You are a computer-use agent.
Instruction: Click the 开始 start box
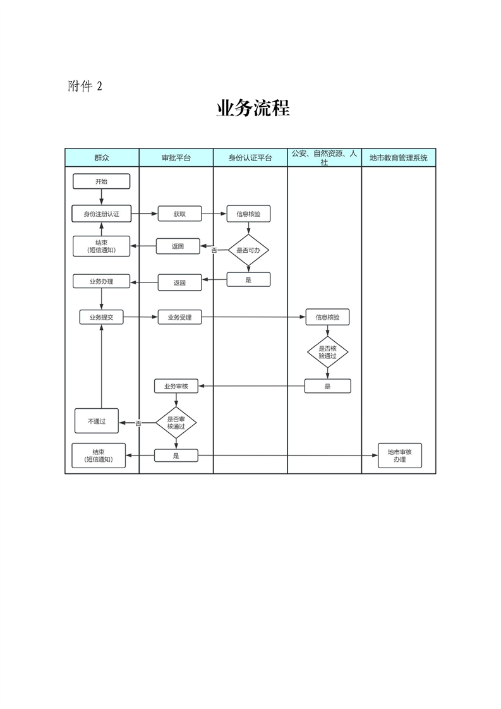click(x=101, y=181)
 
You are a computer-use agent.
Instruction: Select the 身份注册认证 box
click(x=101, y=214)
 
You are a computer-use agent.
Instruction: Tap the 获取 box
click(x=179, y=214)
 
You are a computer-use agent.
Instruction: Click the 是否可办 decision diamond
click(x=248, y=250)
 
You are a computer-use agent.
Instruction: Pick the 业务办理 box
click(x=101, y=281)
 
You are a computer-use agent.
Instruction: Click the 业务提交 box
click(x=101, y=317)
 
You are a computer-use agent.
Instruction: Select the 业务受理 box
click(x=179, y=317)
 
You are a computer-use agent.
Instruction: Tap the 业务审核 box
click(x=176, y=386)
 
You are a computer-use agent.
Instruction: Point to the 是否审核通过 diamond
click(x=176, y=422)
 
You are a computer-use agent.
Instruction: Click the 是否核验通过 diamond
click(x=327, y=352)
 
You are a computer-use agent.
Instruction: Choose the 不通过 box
click(x=97, y=421)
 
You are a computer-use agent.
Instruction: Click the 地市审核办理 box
click(x=399, y=456)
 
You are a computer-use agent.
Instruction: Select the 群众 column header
click(x=102, y=157)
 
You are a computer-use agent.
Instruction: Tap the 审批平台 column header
click(x=176, y=157)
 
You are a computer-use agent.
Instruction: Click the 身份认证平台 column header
click(x=250, y=157)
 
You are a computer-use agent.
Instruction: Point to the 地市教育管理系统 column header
click(x=399, y=157)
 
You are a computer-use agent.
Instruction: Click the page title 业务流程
click(x=253, y=109)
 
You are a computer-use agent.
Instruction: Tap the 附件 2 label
click(x=85, y=87)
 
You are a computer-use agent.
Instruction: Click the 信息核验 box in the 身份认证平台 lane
click(x=248, y=214)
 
